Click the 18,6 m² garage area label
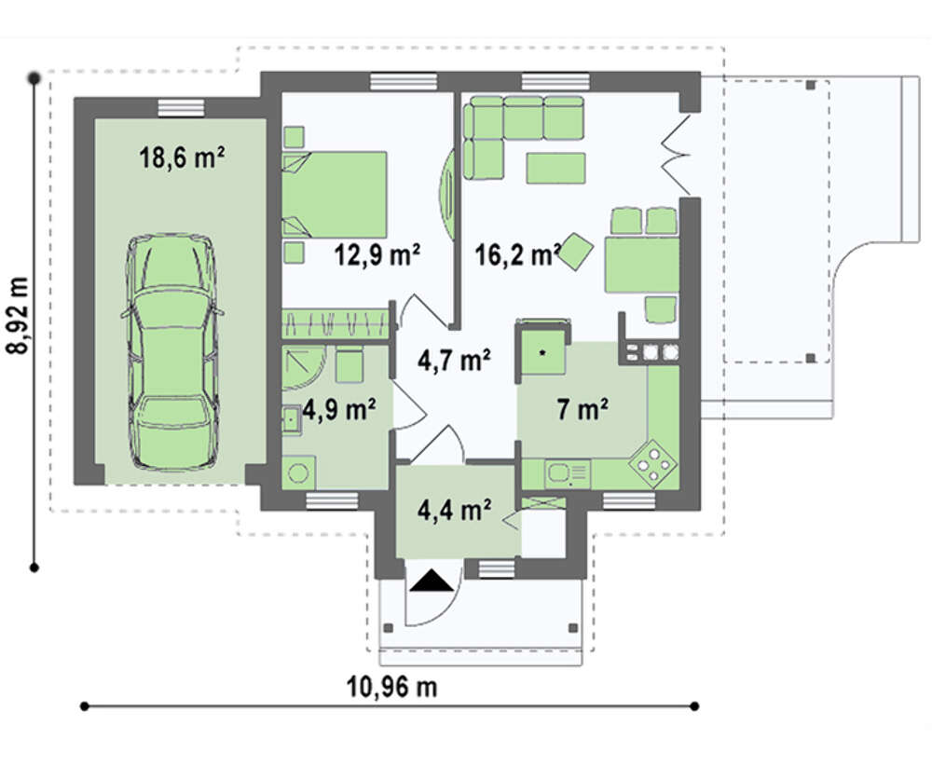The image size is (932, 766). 182,158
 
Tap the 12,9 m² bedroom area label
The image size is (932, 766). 377,255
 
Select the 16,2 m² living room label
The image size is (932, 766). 517,255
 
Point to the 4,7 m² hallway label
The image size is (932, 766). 454,360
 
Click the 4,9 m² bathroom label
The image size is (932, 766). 339,409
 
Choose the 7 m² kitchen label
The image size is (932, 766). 582,409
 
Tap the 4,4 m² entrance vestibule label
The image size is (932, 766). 454,510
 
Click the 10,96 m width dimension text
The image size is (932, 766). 391,687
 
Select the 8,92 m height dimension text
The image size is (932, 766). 19,315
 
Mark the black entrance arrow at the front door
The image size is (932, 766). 432,581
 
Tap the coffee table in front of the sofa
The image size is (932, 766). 555,168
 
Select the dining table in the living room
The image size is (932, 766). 642,265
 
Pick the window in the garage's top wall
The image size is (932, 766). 182,108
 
